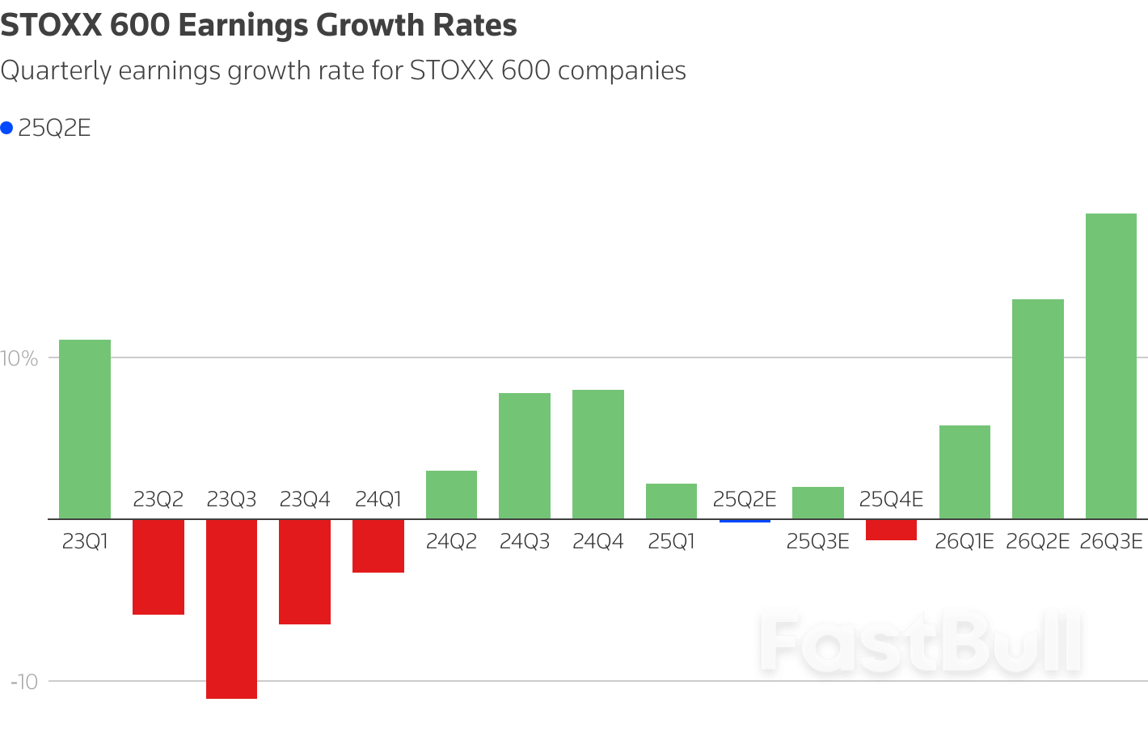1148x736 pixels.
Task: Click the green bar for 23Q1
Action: point(85,429)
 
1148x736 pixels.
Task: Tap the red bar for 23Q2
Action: point(158,566)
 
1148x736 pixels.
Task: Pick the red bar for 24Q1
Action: point(378,546)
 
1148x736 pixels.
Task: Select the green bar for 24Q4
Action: point(598,454)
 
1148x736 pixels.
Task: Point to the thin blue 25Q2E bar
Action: point(745,521)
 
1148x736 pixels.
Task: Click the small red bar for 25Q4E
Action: point(891,530)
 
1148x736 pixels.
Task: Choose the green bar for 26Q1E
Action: point(964,472)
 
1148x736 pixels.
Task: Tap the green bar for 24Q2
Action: point(451,494)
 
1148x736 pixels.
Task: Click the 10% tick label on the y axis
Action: point(19,358)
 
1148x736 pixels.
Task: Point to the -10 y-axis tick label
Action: point(24,682)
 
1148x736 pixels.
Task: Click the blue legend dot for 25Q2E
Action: point(7,128)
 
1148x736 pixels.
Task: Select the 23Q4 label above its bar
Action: point(305,500)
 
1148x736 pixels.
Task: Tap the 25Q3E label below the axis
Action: point(817,541)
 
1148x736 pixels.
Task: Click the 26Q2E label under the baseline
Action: point(1037,541)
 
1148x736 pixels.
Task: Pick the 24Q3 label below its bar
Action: point(525,541)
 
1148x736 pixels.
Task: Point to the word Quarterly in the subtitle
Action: point(56,71)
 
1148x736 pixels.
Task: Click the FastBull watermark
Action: point(920,644)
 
